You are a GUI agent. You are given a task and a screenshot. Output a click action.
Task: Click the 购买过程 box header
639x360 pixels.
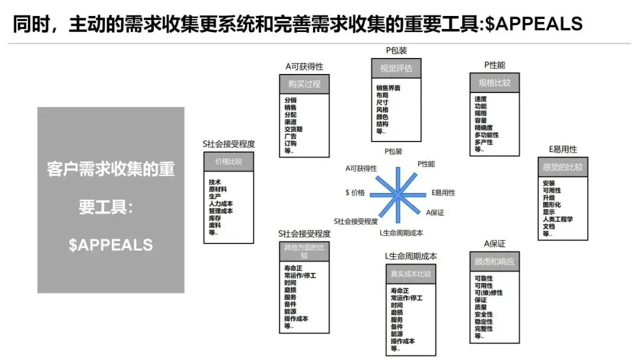[304, 83]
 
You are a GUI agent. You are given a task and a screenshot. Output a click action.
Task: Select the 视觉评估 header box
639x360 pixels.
[396, 67]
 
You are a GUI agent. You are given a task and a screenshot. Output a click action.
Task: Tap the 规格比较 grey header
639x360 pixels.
[494, 83]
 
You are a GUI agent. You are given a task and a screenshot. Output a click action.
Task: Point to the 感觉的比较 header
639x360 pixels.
[562, 167]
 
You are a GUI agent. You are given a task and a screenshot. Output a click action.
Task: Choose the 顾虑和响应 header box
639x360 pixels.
[494, 261]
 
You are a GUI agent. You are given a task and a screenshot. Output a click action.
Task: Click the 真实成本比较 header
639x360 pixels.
[411, 274]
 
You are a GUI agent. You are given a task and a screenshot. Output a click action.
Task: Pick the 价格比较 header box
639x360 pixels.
[228, 161]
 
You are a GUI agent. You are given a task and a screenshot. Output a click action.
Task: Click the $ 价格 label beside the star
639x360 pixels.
[355, 193]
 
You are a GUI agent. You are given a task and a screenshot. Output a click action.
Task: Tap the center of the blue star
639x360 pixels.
[399, 194]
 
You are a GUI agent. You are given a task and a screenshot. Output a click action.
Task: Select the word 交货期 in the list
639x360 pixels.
[293, 129]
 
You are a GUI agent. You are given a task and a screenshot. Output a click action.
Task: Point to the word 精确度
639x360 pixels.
[484, 127]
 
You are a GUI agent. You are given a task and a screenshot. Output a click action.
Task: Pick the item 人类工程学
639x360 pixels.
[557, 219]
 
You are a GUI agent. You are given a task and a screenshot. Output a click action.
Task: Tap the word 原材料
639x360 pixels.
[218, 189]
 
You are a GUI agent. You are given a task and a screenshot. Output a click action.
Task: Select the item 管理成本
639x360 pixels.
[221, 211]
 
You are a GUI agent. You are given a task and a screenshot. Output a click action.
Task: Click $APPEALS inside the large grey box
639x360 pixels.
[111, 245]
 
